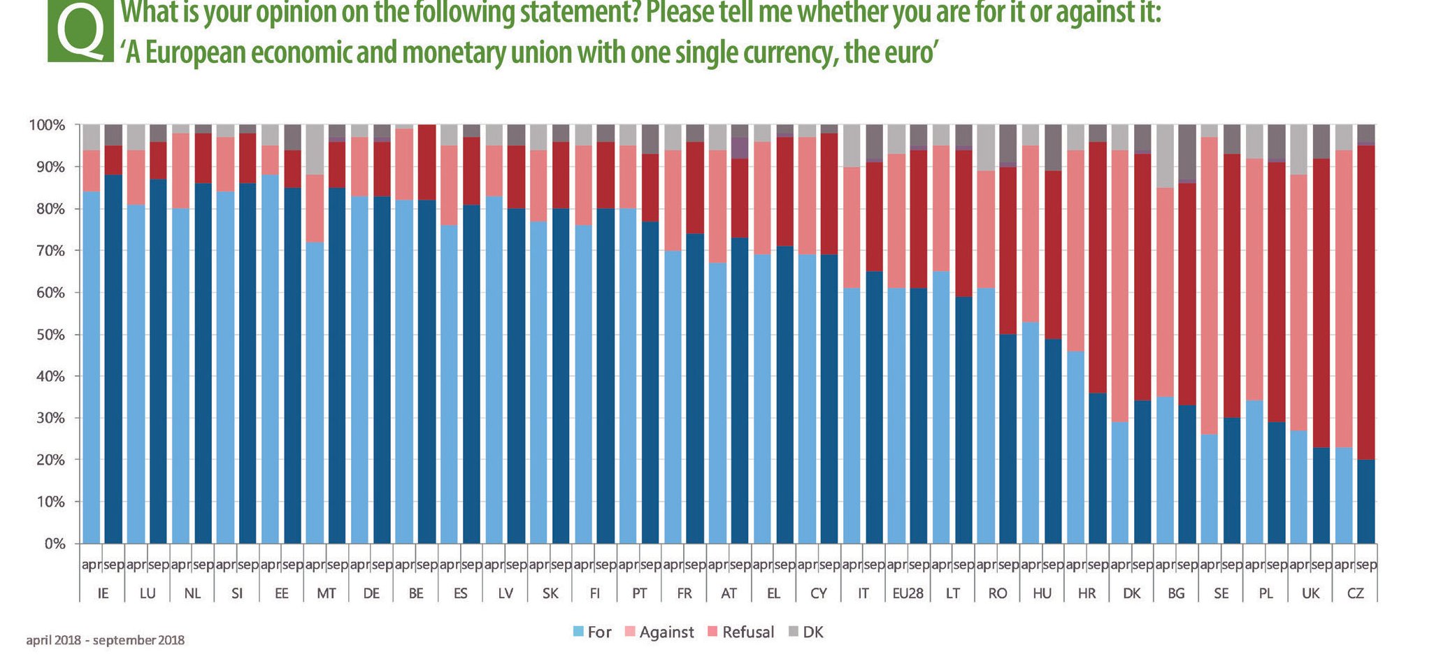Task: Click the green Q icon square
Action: [80, 31]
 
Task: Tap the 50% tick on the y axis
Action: [47, 335]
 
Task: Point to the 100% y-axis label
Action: [45, 126]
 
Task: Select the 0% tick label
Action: [55, 544]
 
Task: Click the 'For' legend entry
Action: [592, 632]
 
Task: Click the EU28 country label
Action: [908, 593]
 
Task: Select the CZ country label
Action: [1355, 593]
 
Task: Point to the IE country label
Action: [103, 593]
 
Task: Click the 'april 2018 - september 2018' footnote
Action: [106, 640]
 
